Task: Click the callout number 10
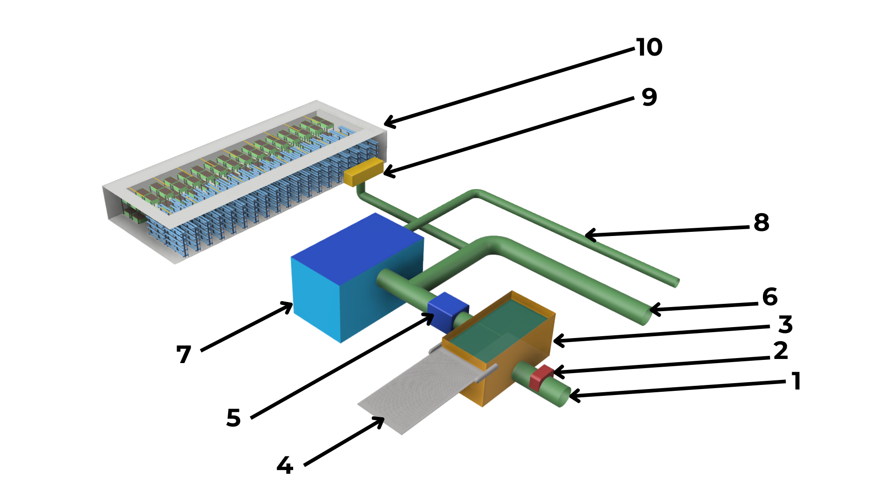coord(649,47)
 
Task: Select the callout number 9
coord(650,97)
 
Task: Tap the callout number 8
coord(762,223)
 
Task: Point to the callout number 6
coord(770,297)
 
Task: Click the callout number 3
coord(785,325)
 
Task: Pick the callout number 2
coord(781,351)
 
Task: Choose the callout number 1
coord(796,381)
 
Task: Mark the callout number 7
coord(184,354)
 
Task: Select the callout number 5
coord(234,418)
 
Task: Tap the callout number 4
coord(285,466)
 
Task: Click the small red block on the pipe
coord(541,377)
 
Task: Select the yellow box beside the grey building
coord(363,171)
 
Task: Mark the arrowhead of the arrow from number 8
coord(587,236)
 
